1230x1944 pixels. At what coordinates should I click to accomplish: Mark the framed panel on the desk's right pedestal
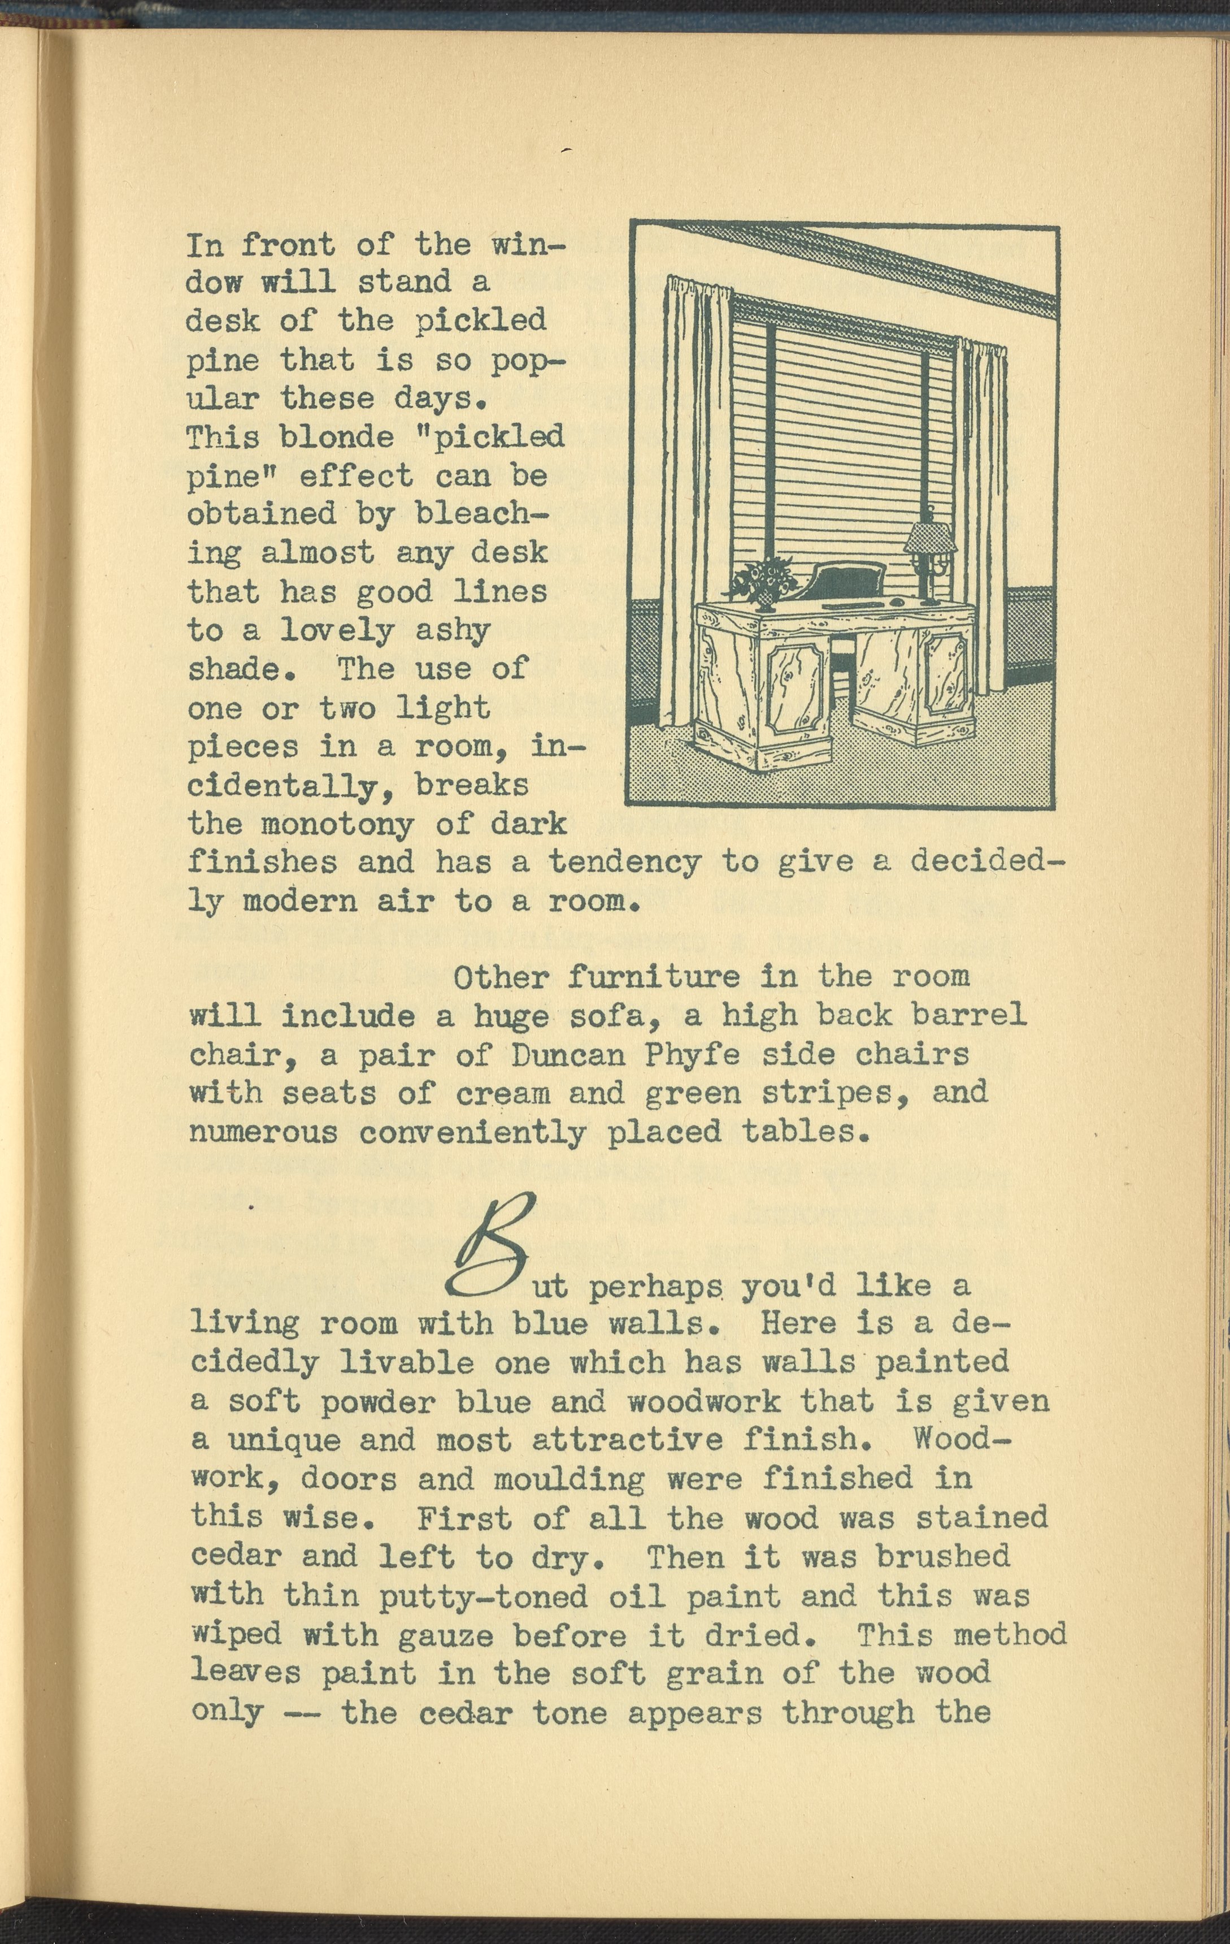click(945, 674)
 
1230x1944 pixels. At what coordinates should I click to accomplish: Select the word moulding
click(569, 1479)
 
